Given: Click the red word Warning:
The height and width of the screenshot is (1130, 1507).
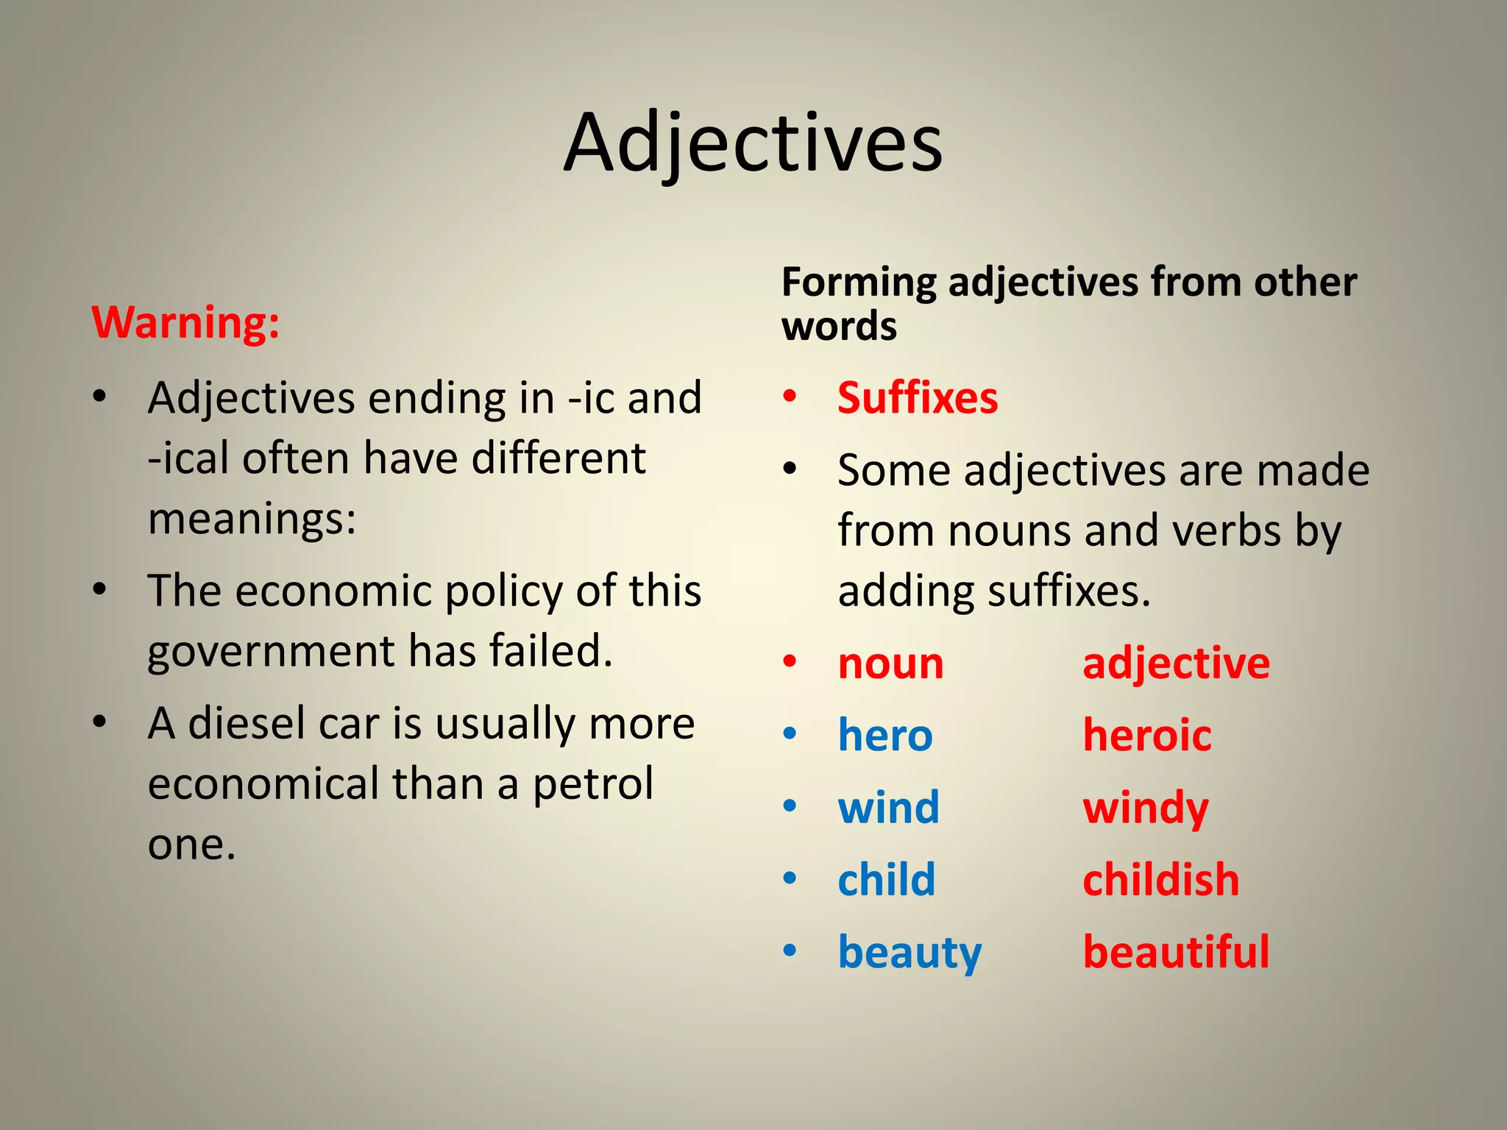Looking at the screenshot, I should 185,323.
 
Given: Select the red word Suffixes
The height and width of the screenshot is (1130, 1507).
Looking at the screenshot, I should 918,398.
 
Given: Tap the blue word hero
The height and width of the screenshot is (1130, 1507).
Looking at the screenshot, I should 885,735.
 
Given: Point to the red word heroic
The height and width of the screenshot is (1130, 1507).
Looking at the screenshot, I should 1147,735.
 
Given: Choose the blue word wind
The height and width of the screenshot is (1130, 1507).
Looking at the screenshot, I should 889,807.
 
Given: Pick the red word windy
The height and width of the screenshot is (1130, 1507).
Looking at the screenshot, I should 1146,809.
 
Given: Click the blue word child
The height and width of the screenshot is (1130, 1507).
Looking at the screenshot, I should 887,879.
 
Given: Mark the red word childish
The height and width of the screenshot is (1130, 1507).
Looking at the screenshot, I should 1161,879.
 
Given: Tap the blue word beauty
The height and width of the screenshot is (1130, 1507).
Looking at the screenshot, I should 909,953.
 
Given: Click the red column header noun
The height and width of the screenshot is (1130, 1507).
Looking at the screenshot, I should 891,664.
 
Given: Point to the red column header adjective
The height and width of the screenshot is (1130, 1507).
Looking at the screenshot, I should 1176,664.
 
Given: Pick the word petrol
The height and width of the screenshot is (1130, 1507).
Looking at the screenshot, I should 592,784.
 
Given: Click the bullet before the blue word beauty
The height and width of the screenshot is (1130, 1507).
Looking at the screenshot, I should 790,950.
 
